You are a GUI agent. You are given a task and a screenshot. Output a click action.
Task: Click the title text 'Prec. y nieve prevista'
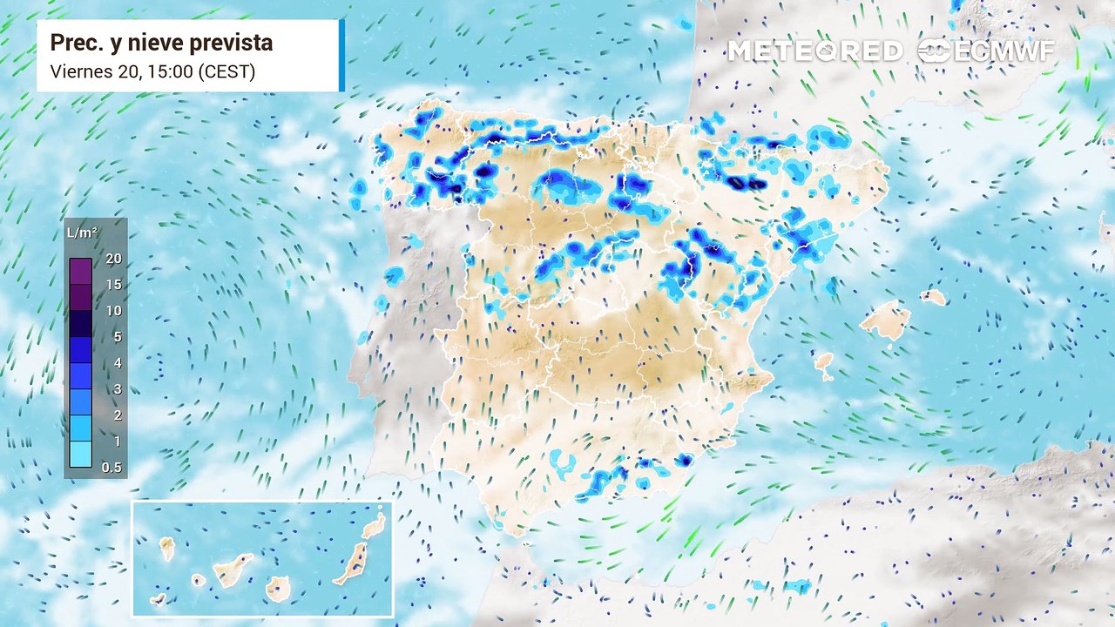(x=161, y=43)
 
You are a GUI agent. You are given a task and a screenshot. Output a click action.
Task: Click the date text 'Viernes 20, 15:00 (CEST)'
(x=152, y=71)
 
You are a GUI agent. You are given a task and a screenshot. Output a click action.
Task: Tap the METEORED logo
(x=814, y=51)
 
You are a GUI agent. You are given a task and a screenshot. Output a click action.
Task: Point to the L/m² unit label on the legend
(x=82, y=233)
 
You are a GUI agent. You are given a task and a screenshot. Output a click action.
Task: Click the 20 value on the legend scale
(x=112, y=259)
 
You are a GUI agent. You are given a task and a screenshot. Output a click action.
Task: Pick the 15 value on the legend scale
(x=112, y=285)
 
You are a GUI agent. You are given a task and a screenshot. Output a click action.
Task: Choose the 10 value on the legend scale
(x=112, y=311)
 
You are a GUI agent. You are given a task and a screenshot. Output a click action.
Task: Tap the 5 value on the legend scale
(x=117, y=337)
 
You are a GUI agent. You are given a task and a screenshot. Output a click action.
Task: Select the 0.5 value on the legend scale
(x=111, y=468)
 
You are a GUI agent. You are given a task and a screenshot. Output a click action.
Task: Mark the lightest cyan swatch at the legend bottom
(x=80, y=455)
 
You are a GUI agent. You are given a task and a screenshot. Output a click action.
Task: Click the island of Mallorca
(x=885, y=320)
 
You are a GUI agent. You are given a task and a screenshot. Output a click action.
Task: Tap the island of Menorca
(x=933, y=297)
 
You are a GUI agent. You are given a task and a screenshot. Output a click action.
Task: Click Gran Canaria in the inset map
(x=278, y=589)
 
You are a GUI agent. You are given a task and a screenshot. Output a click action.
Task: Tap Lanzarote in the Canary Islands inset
(x=374, y=526)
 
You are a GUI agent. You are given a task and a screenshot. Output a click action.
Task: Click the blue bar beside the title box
(x=341, y=56)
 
